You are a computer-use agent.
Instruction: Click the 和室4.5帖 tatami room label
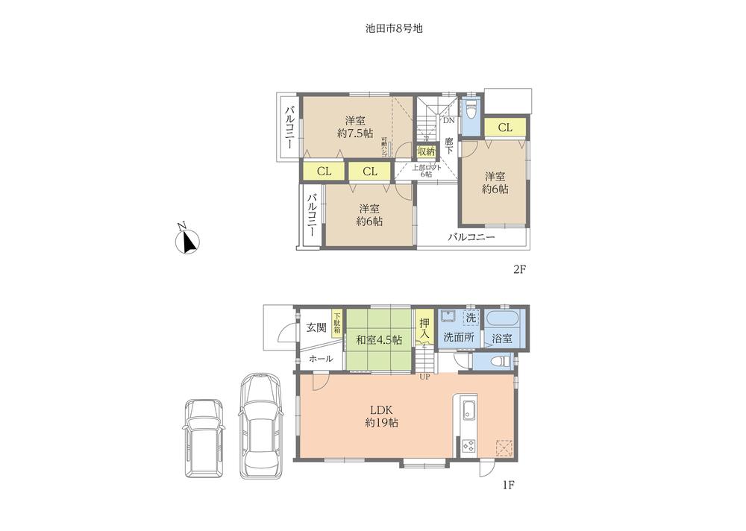(378, 339)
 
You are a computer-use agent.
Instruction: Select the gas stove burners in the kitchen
(469, 446)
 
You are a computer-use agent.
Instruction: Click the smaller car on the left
(204, 436)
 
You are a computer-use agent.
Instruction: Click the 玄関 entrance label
(316, 327)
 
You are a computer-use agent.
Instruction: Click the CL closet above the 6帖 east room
(505, 128)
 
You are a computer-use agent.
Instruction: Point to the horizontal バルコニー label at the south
(471, 238)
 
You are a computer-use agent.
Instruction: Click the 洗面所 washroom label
(459, 338)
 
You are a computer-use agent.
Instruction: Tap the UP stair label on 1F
(424, 376)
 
